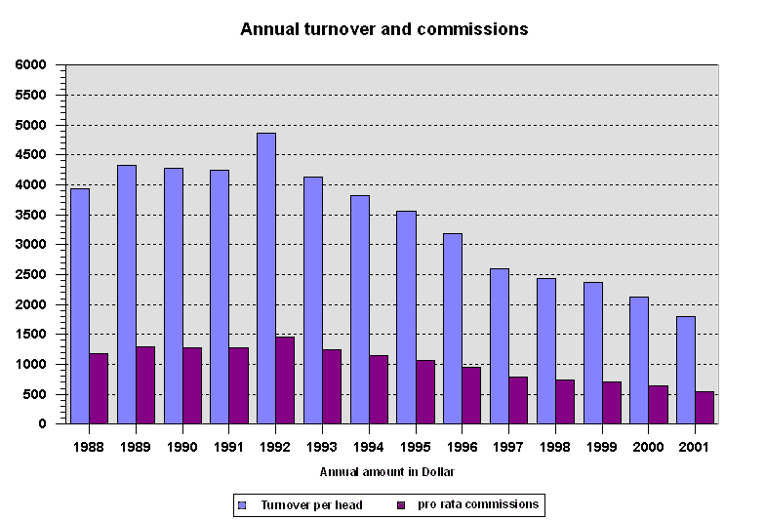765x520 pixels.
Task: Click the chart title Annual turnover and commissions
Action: (x=383, y=29)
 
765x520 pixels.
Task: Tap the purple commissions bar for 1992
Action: (x=285, y=380)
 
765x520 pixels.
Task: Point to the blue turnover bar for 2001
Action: (x=686, y=370)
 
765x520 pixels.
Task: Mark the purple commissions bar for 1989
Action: (x=145, y=385)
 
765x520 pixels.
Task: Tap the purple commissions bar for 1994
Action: (x=379, y=389)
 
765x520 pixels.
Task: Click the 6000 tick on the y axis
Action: (x=31, y=65)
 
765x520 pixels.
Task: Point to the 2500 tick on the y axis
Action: (x=31, y=275)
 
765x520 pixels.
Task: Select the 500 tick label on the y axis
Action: (x=35, y=395)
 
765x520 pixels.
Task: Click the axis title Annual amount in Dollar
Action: (x=387, y=472)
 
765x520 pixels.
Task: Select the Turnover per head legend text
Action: (x=311, y=505)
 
